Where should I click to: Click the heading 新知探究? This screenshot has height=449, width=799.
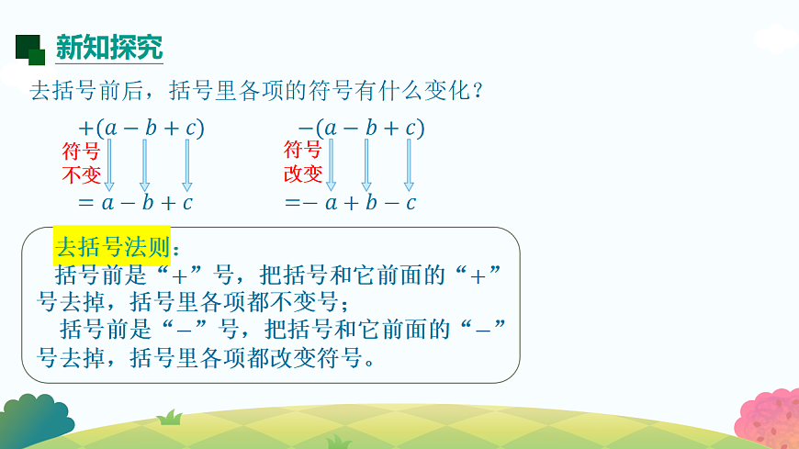click(x=108, y=48)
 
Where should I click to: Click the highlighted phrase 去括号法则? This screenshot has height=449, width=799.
click(x=111, y=247)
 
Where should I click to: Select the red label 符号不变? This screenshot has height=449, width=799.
click(x=81, y=163)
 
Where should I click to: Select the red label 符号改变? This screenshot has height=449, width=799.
click(x=303, y=163)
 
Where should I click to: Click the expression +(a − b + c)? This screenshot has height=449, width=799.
click(x=142, y=128)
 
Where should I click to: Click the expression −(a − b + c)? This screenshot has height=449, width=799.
click(x=361, y=128)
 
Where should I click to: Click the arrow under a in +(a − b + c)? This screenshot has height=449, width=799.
click(x=109, y=165)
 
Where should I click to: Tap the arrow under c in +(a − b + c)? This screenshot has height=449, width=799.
click(x=186, y=165)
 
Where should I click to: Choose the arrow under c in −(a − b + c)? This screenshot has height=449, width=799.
click(x=408, y=165)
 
